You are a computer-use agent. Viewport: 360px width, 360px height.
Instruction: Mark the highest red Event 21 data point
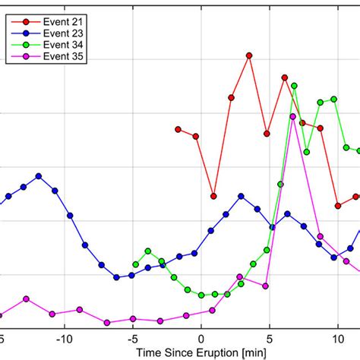click(248, 55)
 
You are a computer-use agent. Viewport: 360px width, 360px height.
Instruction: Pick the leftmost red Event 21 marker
click(178, 129)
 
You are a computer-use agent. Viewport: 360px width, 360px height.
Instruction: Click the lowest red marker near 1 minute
click(214, 196)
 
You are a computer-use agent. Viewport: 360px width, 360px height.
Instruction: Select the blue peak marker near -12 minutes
click(39, 175)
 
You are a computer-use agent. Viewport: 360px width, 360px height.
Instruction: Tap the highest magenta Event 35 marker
click(293, 116)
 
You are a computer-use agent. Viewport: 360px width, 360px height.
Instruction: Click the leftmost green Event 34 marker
click(135, 264)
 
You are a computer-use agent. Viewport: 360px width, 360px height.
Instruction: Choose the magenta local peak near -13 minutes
click(26, 299)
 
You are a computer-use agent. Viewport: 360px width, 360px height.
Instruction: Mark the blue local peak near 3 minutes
click(242, 196)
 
